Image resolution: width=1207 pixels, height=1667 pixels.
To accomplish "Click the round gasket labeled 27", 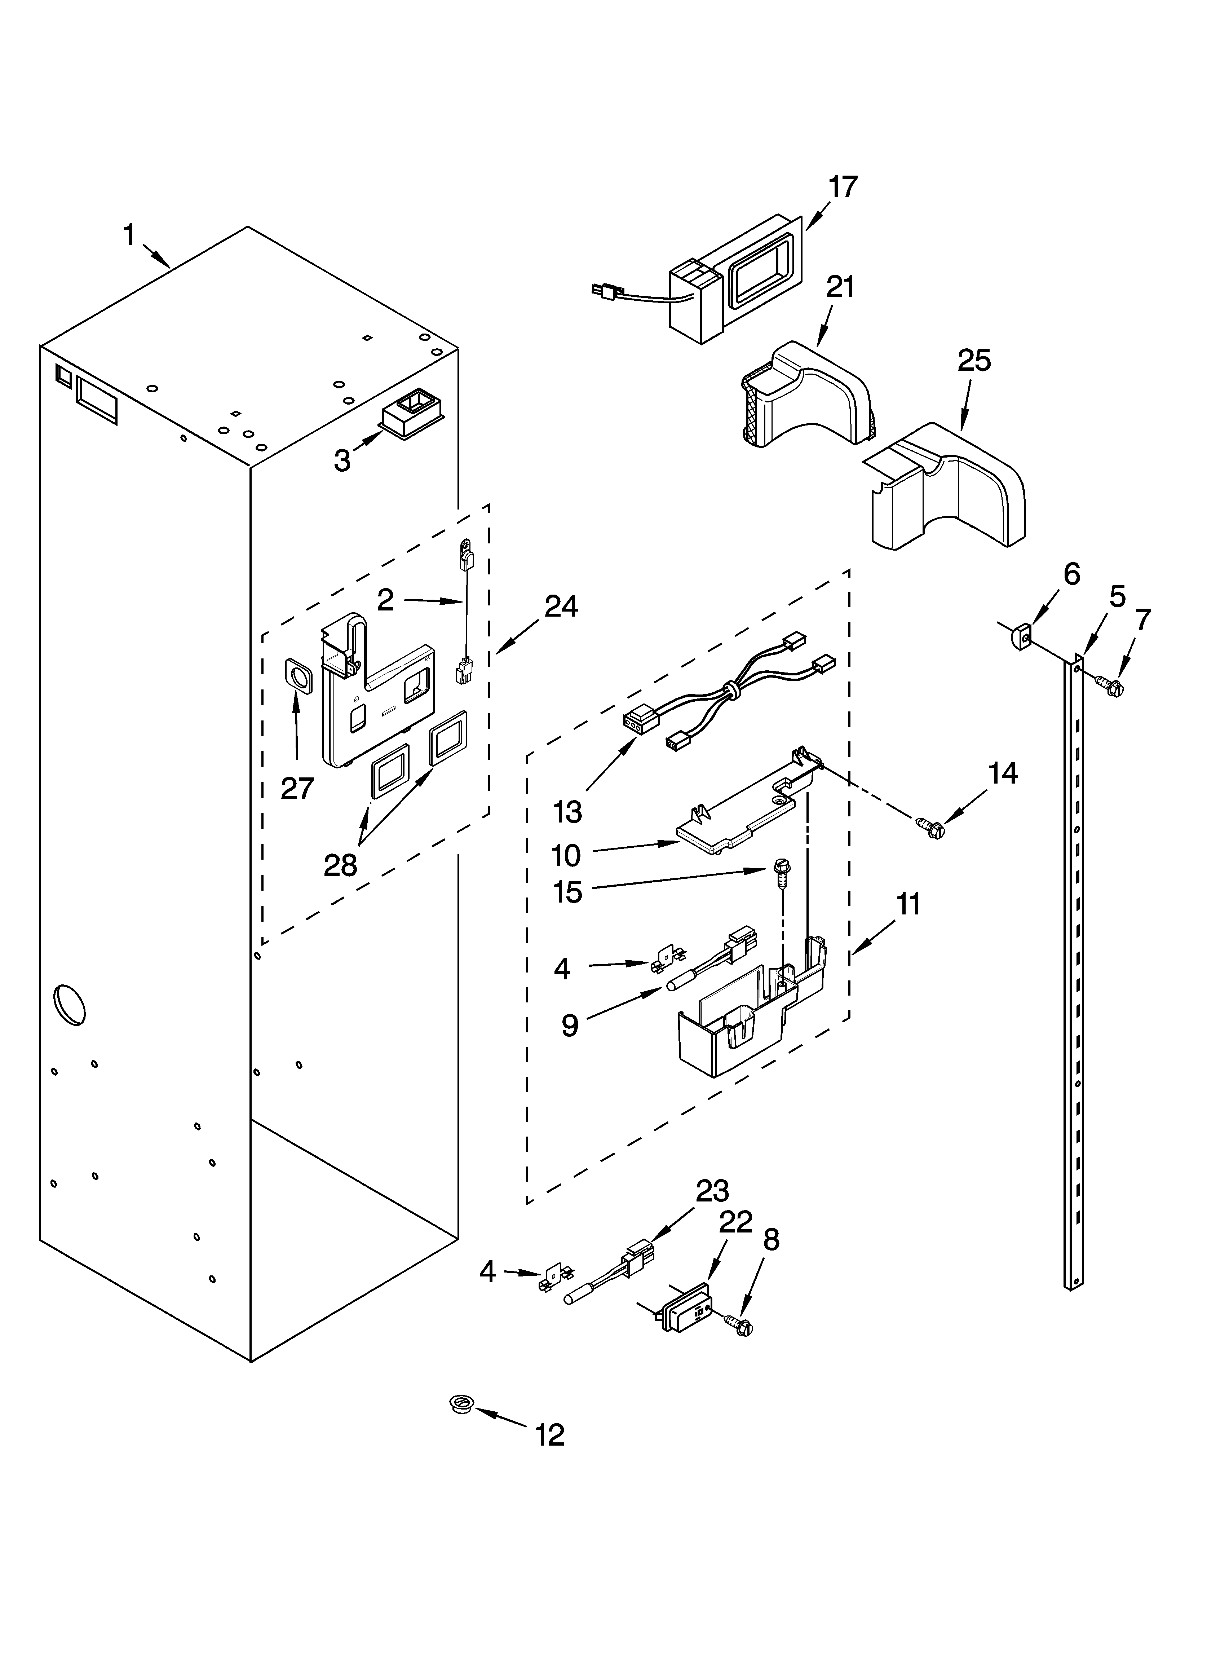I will [298, 675].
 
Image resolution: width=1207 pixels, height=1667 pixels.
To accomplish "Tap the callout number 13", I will [567, 811].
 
